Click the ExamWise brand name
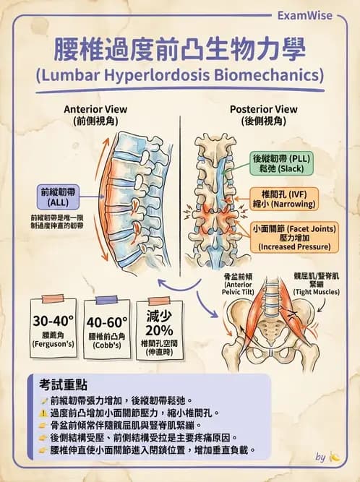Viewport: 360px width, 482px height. [x=304, y=15]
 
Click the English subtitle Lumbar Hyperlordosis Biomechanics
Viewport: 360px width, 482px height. [x=180, y=75]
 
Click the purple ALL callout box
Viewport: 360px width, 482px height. [x=58, y=197]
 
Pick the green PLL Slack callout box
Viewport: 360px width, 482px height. [x=282, y=163]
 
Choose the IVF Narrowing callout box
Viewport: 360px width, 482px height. [x=284, y=199]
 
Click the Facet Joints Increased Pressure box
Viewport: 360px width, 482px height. [x=294, y=237]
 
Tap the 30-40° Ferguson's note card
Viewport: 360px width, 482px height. [x=53, y=327]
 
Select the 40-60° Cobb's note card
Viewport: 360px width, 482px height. [x=107, y=329]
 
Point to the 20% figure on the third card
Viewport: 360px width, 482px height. [x=159, y=330]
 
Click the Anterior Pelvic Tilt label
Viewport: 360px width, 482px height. [x=239, y=284]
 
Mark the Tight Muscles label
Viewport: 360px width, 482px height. [x=317, y=283]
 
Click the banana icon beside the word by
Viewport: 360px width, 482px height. [x=335, y=457]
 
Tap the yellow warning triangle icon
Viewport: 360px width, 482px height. [x=43, y=413]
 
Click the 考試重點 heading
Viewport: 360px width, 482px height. [x=63, y=384]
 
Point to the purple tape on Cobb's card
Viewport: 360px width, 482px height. [x=106, y=300]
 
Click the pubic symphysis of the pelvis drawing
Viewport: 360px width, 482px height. [x=270, y=353]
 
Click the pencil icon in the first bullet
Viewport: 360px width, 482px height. [x=43, y=400]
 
